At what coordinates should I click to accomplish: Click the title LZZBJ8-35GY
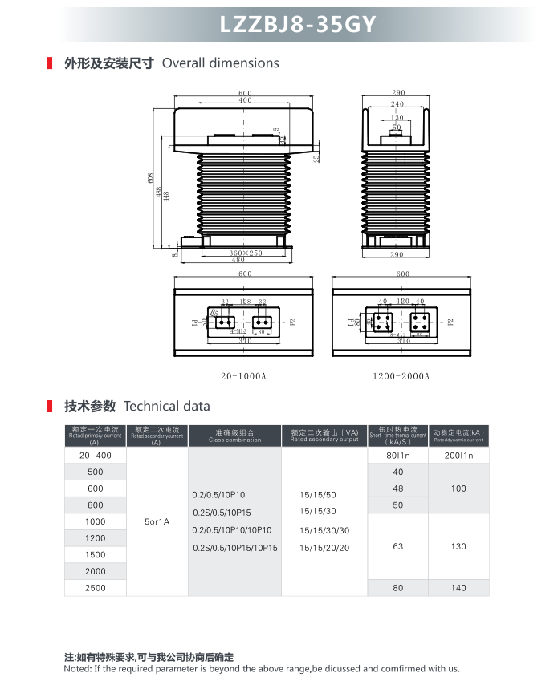pyautogui.click(x=298, y=25)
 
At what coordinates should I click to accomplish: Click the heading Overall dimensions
pyautogui.click(x=220, y=63)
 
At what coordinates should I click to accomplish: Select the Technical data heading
pyautogui.click(x=167, y=406)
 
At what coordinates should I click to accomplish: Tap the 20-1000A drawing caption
pyautogui.click(x=243, y=375)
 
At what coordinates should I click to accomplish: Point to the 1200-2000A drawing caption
pyautogui.click(x=401, y=375)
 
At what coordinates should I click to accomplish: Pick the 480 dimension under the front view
pyautogui.click(x=238, y=260)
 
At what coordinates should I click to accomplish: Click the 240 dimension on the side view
pyautogui.click(x=397, y=104)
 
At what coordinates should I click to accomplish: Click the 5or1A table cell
pyautogui.click(x=157, y=521)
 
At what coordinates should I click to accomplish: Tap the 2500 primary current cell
pyautogui.click(x=96, y=588)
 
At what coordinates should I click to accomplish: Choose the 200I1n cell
pyautogui.click(x=458, y=455)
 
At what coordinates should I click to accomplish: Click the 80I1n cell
pyautogui.click(x=398, y=455)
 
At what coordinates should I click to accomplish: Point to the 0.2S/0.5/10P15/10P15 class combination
pyautogui.click(x=234, y=548)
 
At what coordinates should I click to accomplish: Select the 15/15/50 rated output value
pyautogui.click(x=318, y=495)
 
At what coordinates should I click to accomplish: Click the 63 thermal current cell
pyautogui.click(x=398, y=546)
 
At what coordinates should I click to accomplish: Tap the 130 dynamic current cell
pyautogui.click(x=458, y=546)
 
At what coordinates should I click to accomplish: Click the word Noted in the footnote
pyautogui.click(x=78, y=668)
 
